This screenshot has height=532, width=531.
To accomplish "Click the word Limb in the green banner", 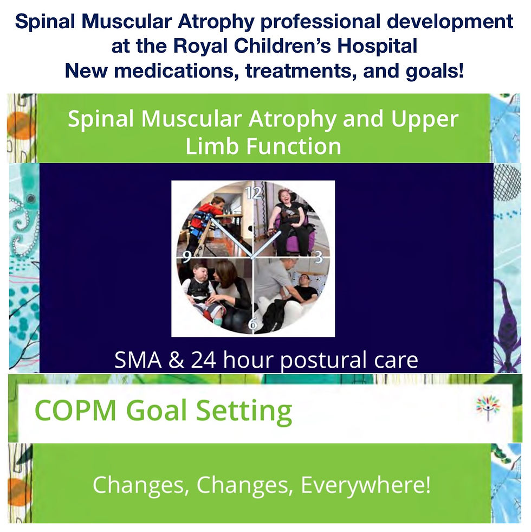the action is pos(213,146).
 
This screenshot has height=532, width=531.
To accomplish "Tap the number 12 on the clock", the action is pos(254,193).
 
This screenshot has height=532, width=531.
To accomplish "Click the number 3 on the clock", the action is pos(319,258).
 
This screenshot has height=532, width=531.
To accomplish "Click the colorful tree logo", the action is pos(488,407).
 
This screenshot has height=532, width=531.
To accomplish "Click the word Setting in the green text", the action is pos(244,412).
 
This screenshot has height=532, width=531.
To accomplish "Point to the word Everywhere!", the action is pos(366,485).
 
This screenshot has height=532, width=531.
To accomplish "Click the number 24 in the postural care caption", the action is pos(203,360).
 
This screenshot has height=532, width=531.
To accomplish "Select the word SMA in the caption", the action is pos(138,360).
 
